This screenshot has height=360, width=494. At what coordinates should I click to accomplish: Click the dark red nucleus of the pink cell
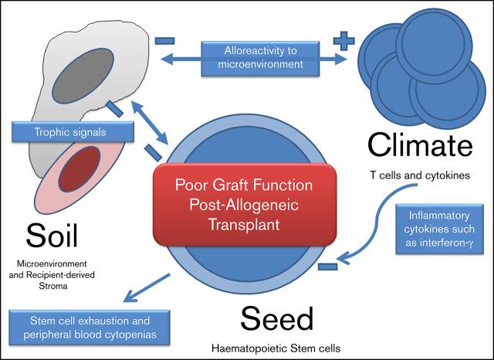tap(78, 169)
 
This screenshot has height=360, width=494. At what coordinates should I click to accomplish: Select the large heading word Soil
tap(56, 235)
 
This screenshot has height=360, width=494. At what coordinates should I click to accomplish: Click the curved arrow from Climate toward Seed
tap(382, 224)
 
